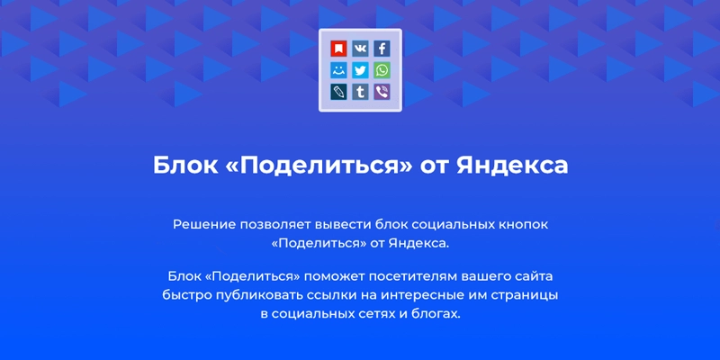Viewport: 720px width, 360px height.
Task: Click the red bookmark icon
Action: (x=338, y=49)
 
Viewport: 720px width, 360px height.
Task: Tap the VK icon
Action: (x=360, y=49)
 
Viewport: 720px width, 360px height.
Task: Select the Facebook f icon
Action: (x=382, y=49)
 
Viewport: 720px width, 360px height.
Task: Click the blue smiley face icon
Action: (x=338, y=70)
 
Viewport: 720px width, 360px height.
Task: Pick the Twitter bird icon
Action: (x=360, y=70)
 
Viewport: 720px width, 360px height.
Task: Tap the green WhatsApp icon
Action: (x=382, y=70)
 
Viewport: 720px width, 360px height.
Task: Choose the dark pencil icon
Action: (x=338, y=92)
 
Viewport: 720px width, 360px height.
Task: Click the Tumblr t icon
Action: (x=360, y=92)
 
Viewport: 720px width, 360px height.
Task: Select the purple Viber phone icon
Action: (x=382, y=92)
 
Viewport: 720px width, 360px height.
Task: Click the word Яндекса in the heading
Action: (x=512, y=166)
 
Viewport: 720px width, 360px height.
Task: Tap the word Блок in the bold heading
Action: (x=185, y=166)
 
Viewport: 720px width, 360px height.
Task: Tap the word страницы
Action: (x=529, y=295)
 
